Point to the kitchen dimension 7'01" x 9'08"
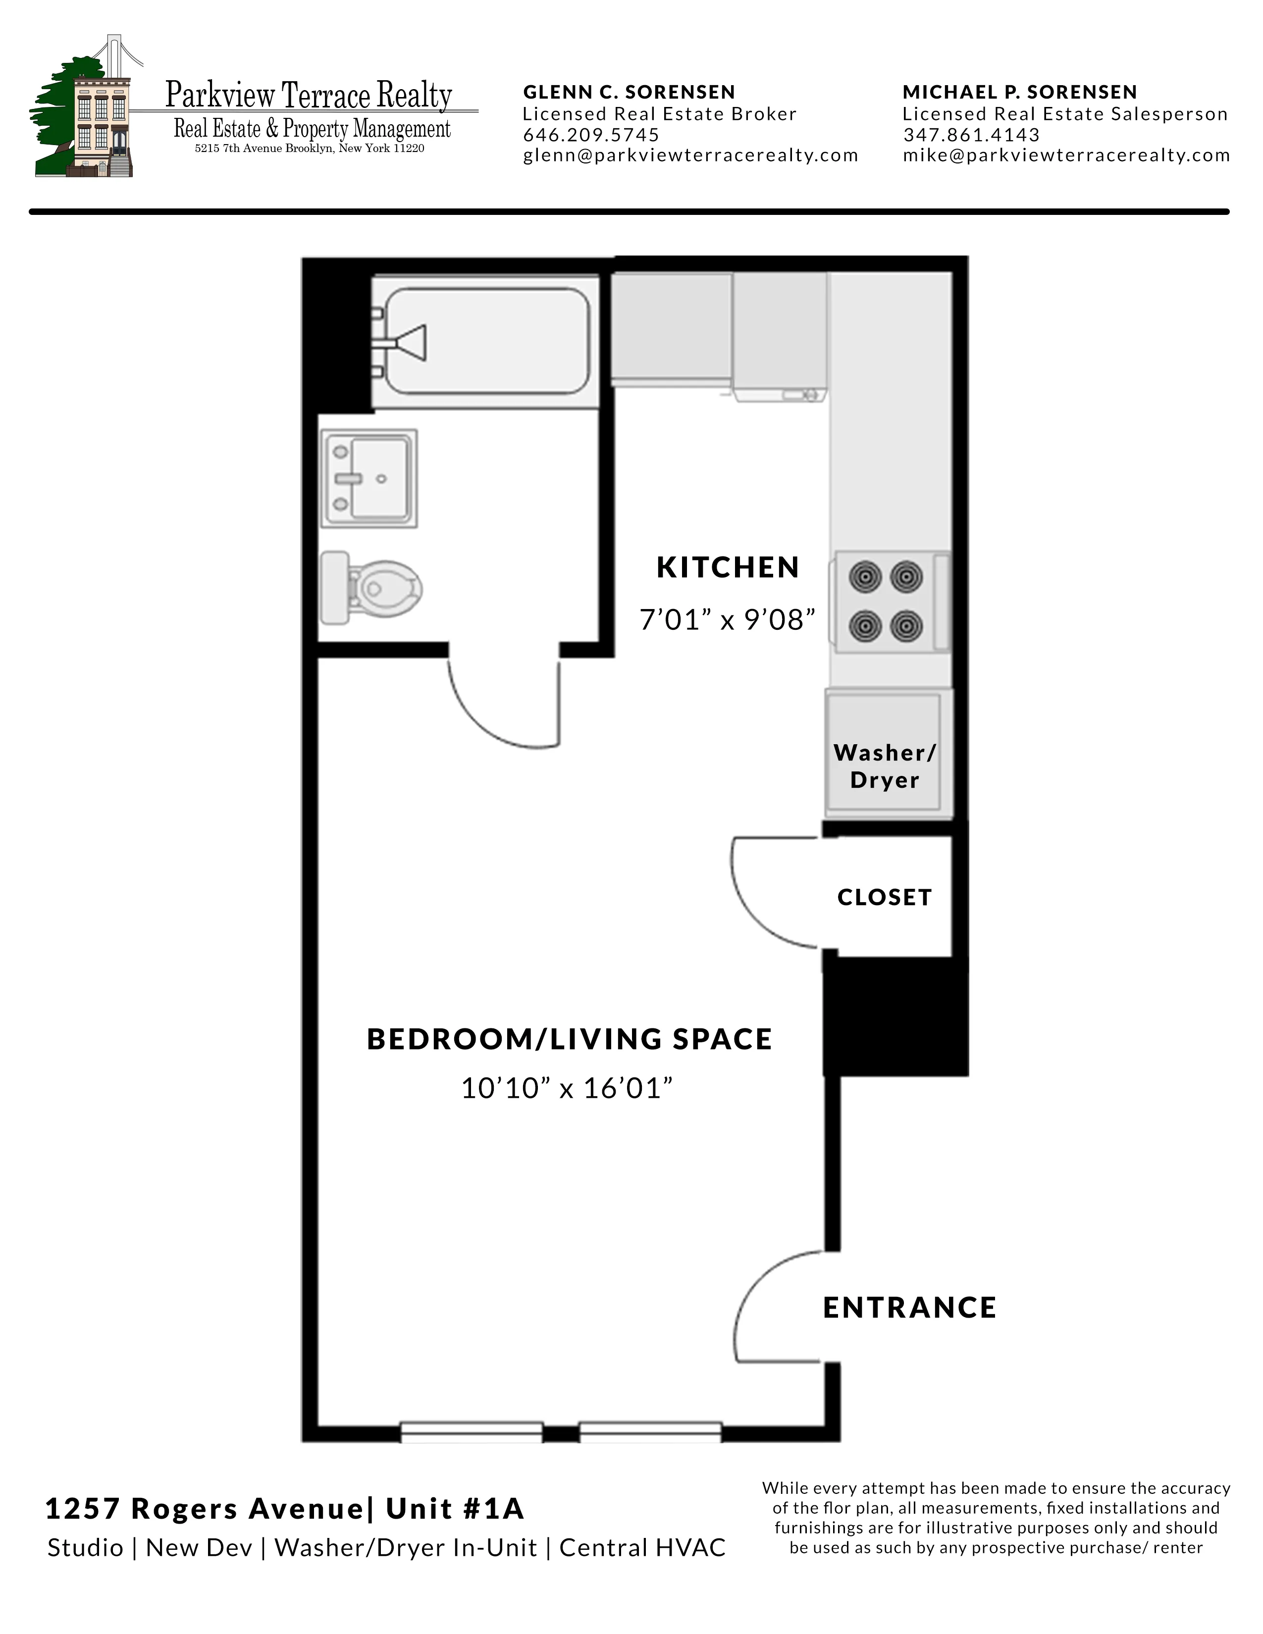click(x=727, y=619)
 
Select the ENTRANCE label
click(x=909, y=1307)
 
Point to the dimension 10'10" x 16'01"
click(x=567, y=1088)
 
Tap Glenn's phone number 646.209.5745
click(x=590, y=135)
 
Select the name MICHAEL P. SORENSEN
click(x=1019, y=92)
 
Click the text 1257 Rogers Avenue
click(x=204, y=1508)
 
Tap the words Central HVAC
click(x=642, y=1547)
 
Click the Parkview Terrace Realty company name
click(x=308, y=96)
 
